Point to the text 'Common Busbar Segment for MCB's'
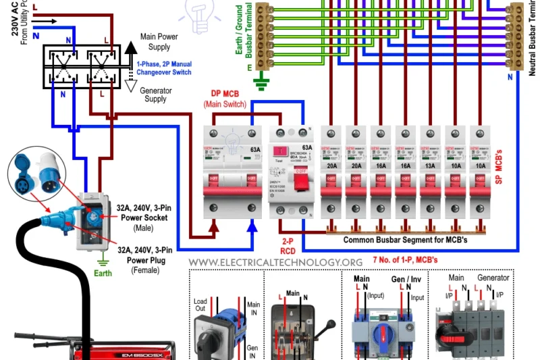point(405,240)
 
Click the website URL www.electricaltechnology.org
point(275,262)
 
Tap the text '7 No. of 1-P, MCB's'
point(404,260)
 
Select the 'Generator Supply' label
point(155,95)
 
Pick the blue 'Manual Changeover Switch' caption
point(163,68)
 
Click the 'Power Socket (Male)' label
point(144,213)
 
